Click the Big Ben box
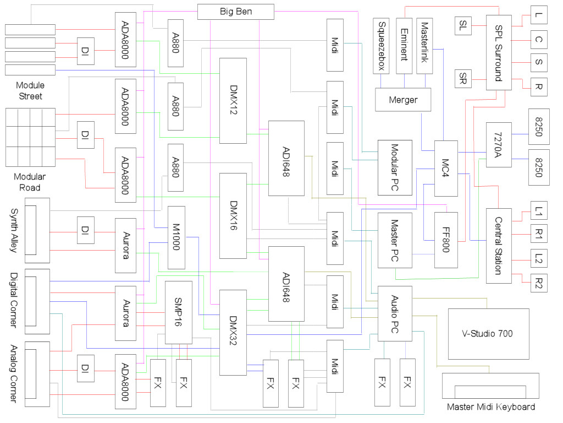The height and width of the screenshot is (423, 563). [x=235, y=12]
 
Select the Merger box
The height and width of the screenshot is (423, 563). [x=403, y=100]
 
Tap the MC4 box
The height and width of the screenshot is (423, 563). [x=446, y=169]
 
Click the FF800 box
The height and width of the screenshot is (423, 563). [x=446, y=240]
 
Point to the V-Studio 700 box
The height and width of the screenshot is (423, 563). [x=489, y=334]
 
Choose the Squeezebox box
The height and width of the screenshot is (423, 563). [x=381, y=46]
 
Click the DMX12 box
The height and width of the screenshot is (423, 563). [x=233, y=101]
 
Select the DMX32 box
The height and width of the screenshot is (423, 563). [x=233, y=332]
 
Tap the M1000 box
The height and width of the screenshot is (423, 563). [x=176, y=237]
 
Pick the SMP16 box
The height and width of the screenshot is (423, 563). [x=179, y=313]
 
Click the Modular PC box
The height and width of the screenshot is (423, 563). [x=395, y=167]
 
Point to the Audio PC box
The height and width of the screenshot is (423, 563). [x=395, y=313]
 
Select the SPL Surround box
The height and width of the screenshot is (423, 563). [x=499, y=52]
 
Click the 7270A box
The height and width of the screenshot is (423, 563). [x=499, y=145]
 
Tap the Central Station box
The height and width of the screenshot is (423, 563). [x=499, y=246]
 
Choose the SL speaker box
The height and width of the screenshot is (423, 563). [x=463, y=26]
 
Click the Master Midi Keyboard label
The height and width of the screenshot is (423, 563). [x=491, y=407]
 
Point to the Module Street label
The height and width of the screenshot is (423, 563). [x=30, y=91]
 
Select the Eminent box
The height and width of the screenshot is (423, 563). [x=404, y=46]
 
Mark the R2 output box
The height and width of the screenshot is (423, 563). [x=539, y=283]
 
